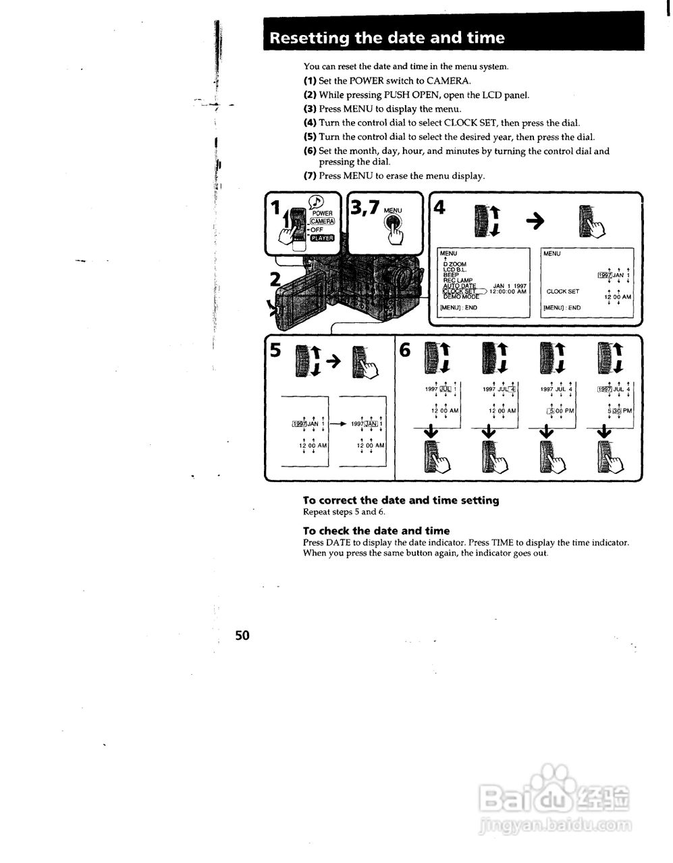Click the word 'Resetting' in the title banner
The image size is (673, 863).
point(309,38)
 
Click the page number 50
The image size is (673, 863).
point(242,634)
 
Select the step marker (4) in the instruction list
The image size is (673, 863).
point(310,123)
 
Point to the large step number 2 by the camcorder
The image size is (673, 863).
point(275,279)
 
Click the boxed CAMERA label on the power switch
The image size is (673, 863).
point(322,221)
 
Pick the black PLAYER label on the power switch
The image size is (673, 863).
point(322,237)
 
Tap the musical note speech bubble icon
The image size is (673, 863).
point(315,201)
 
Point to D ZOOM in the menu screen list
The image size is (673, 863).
point(454,264)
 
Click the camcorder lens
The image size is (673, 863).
point(400,276)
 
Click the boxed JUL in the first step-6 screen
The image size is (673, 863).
point(446,389)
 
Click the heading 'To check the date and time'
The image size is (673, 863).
point(376,531)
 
